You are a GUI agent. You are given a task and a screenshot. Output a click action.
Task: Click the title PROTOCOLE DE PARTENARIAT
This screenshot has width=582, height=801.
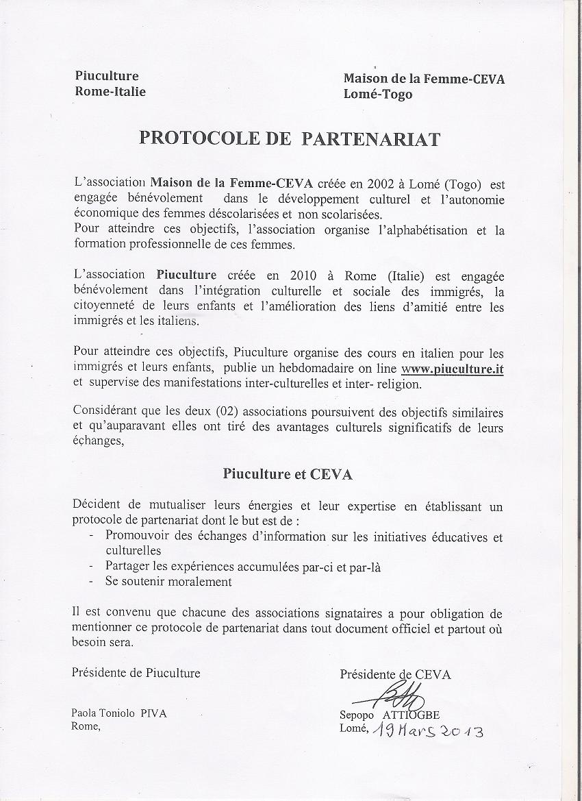tap(290, 138)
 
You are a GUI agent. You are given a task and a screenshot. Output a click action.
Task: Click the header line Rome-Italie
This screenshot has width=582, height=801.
tap(110, 92)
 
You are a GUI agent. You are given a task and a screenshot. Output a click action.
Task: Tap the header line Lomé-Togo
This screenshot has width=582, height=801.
tap(378, 95)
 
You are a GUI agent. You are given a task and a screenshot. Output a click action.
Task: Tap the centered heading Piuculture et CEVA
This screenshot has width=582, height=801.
tap(288, 474)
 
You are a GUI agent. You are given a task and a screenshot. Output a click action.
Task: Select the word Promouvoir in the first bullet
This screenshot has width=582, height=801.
tap(136, 537)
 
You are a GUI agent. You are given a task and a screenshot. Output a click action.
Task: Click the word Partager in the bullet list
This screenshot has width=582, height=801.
tap(127, 567)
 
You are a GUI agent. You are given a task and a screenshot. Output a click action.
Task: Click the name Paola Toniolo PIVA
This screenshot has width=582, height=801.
tap(119, 713)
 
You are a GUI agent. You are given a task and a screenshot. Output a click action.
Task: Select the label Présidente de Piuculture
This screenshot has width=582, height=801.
tap(136, 673)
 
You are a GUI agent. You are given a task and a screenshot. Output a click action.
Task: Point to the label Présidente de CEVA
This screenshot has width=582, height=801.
tap(395, 674)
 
